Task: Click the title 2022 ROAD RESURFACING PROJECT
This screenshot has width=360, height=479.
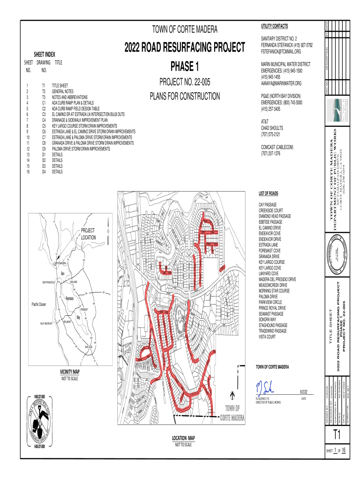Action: click(185, 47)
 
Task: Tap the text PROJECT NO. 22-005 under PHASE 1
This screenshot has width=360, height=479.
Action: click(185, 83)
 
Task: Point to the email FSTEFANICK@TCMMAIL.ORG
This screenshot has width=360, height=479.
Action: click(284, 52)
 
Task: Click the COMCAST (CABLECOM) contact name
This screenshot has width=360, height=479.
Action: click(277, 147)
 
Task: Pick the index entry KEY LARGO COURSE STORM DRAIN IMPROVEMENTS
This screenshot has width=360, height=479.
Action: click(84, 126)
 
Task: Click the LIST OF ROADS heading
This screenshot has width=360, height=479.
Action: click(268, 193)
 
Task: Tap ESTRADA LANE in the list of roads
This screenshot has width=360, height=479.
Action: click(269, 243)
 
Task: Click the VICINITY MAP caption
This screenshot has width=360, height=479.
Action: click(70, 372)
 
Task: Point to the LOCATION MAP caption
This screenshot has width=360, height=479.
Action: click(183, 438)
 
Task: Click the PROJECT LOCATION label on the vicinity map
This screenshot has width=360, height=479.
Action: click(88, 234)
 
